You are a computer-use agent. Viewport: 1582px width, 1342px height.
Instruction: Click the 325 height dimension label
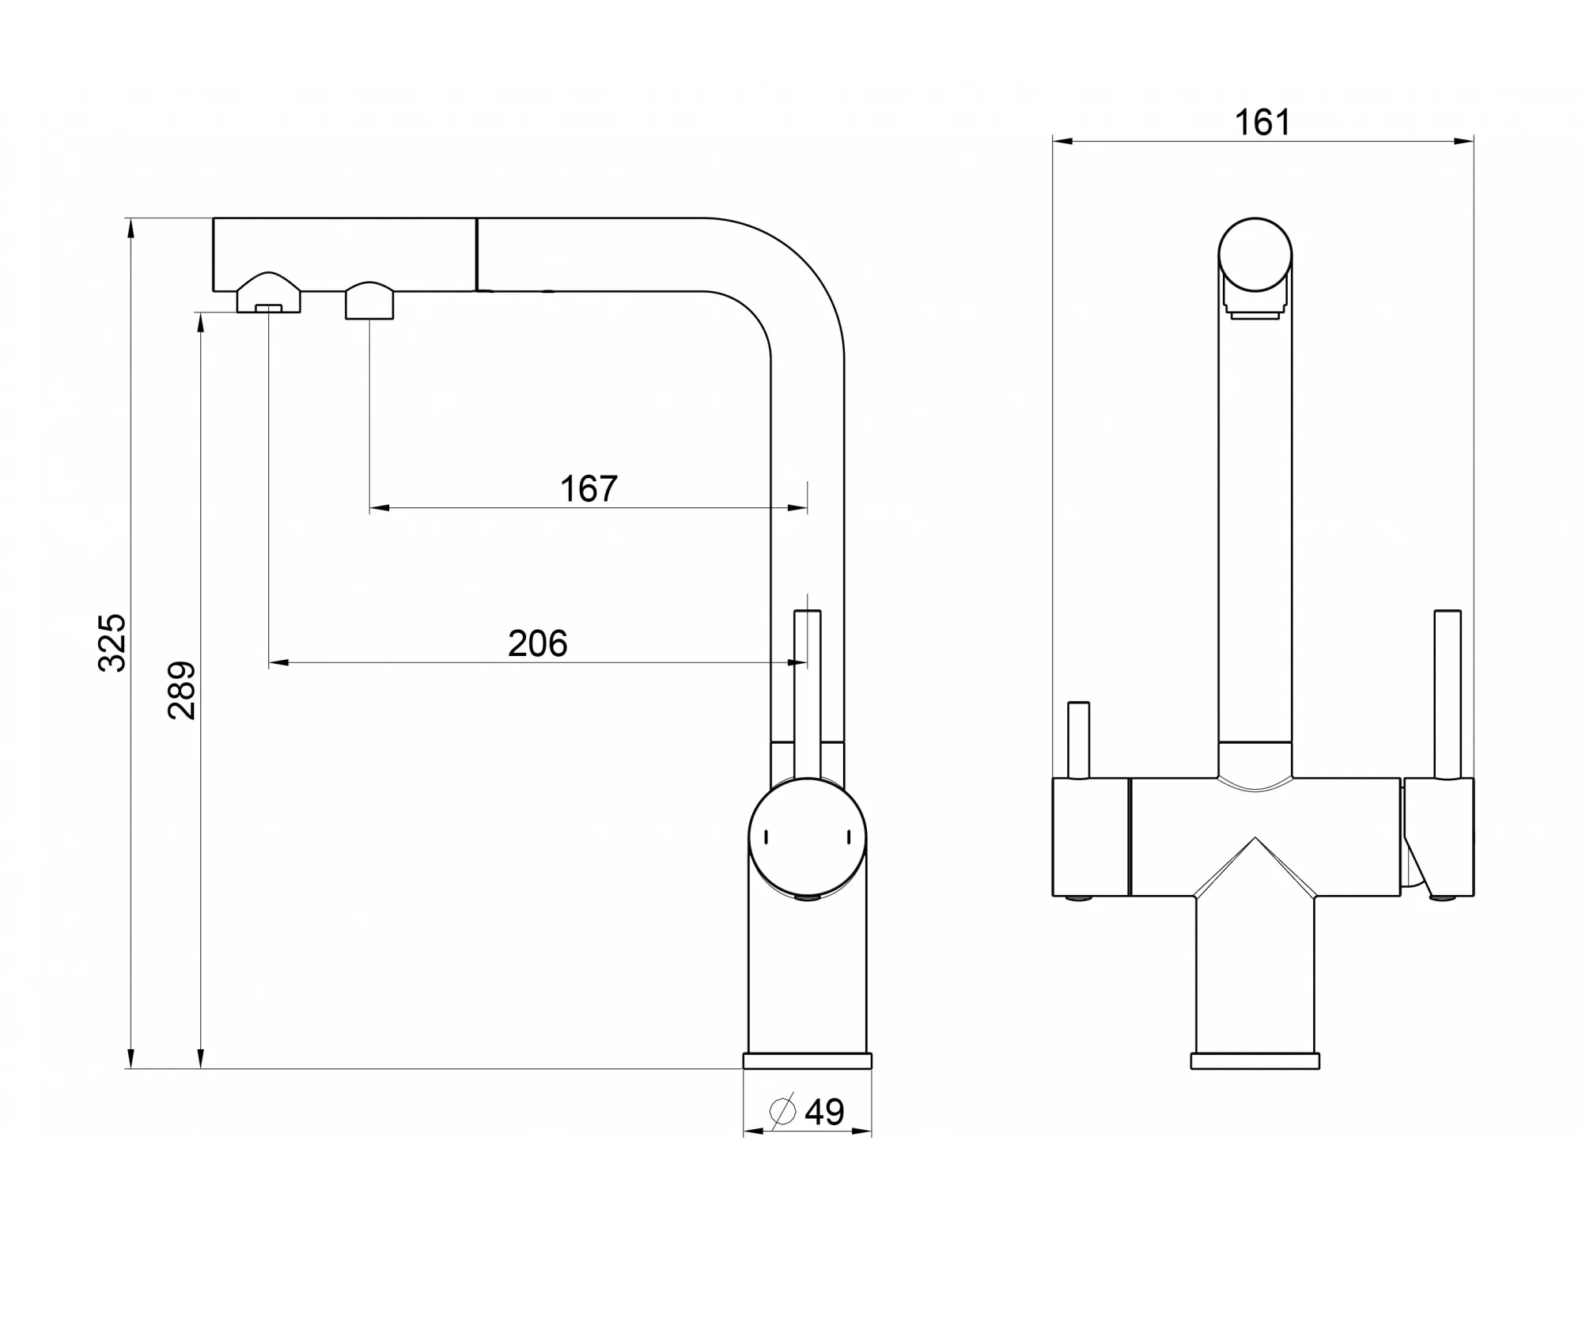click(112, 643)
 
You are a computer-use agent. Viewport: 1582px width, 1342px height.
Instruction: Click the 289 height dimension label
click(182, 690)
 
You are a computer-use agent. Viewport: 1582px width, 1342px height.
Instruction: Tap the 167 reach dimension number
click(589, 489)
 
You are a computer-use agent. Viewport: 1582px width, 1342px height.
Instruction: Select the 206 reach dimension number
click(538, 643)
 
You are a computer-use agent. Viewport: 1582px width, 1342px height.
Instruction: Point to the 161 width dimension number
click(1262, 123)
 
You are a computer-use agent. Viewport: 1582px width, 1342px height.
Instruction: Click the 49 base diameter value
click(824, 1113)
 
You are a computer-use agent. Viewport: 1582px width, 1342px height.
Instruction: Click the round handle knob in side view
click(808, 838)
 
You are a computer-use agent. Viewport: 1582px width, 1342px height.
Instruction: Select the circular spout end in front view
click(1255, 255)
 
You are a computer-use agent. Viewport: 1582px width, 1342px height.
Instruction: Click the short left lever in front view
click(1078, 740)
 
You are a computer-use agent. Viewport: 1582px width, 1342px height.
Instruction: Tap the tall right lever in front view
click(1448, 694)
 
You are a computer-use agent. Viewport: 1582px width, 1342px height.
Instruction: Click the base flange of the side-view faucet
click(807, 1061)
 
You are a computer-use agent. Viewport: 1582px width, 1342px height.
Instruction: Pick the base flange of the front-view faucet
click(1255, 1061)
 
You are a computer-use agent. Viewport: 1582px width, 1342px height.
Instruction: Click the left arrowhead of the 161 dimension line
click(1062, 142)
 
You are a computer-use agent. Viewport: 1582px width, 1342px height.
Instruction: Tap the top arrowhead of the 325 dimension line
click(131, 227)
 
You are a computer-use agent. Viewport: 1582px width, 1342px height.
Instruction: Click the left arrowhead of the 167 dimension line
click(380, 508)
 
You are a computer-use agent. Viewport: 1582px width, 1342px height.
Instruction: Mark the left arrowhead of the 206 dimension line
click(278, 662)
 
